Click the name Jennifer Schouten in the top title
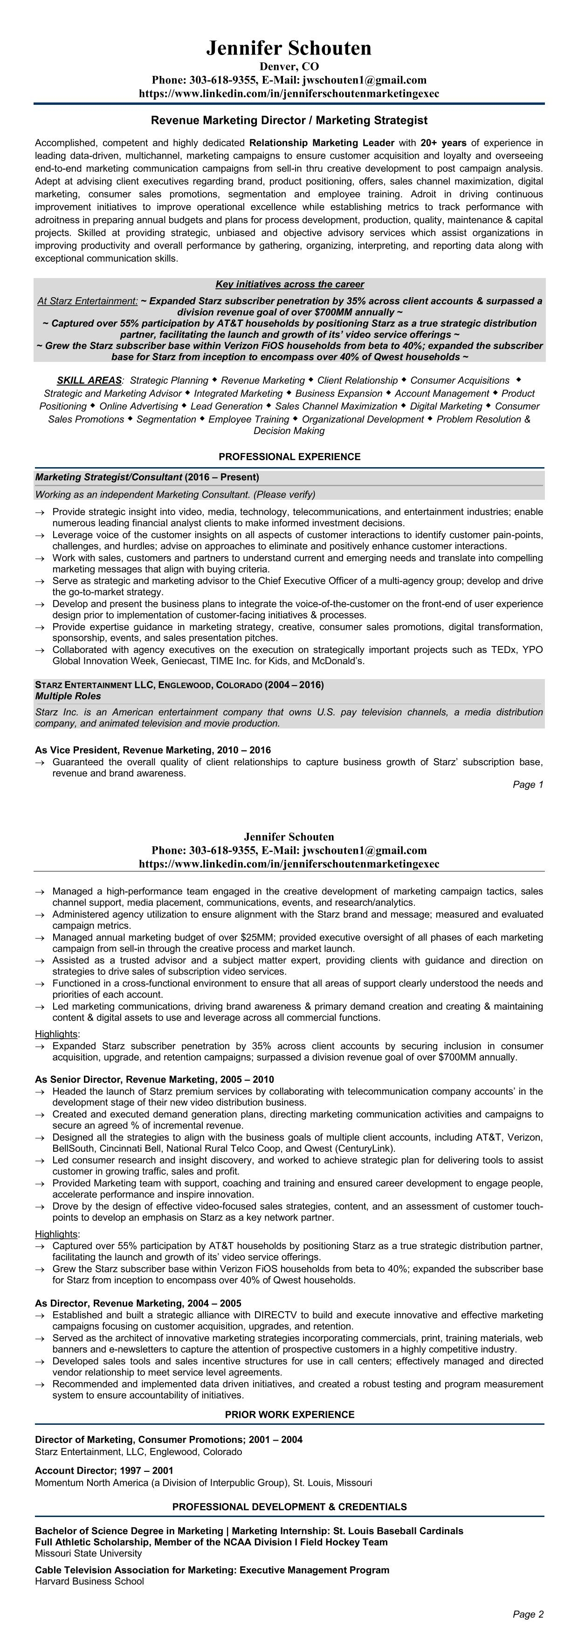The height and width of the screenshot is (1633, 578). pos(289,48)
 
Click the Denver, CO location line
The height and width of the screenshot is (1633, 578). pos(289,67)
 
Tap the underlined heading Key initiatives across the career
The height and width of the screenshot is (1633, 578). pos(289,284)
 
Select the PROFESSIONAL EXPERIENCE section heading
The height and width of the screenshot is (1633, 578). pos(289,456)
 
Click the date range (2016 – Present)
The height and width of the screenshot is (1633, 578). pos(221,476)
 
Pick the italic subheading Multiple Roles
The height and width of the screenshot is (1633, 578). pos(68,696)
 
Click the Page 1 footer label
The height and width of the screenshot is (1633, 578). pos(528,785)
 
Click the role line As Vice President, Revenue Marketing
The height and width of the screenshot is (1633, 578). pos(152,750)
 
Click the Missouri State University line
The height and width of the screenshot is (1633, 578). pos(88,1554)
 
